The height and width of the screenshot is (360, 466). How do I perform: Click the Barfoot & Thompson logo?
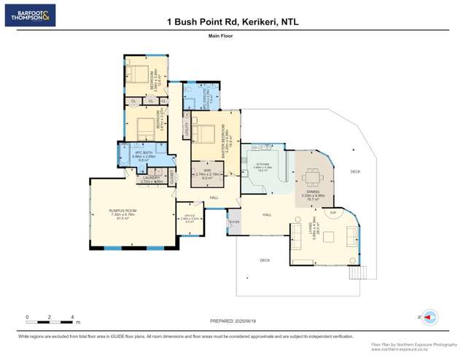30,15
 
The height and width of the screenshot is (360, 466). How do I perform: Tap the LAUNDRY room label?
151,178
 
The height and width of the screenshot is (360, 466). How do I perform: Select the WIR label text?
207,171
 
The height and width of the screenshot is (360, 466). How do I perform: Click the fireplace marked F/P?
333,212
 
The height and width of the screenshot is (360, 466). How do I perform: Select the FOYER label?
233,221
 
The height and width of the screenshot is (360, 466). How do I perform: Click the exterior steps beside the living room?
355,273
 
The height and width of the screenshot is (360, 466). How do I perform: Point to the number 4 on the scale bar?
72,317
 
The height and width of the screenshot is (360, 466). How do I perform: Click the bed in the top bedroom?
137,74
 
